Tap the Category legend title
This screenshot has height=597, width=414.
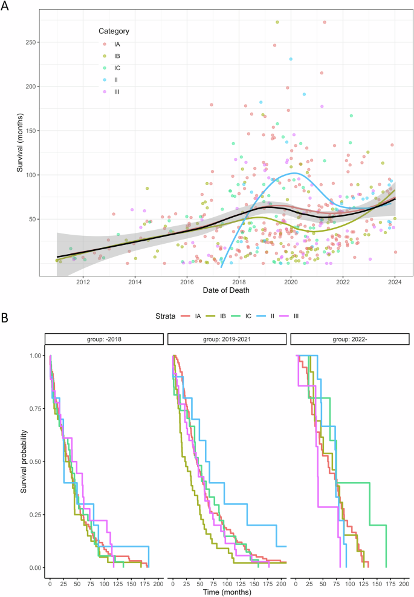(x=114, y=31)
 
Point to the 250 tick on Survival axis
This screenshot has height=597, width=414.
(x=37, y=42)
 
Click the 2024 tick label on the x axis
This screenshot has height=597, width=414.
(x=395, y=281)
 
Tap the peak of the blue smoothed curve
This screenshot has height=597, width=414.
(x=294, y=174)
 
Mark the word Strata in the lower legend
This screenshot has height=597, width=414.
(x=162, y=316)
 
